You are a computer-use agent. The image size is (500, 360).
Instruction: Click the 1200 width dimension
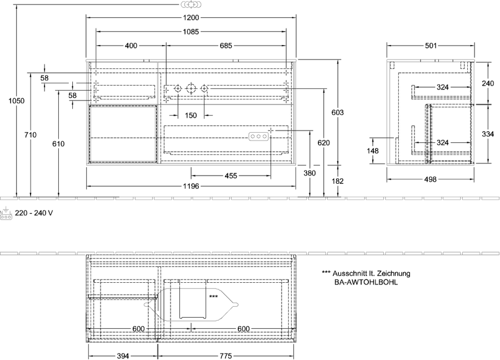[x=191, y=18]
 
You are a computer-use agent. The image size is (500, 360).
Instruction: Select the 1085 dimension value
[x=191, y=32]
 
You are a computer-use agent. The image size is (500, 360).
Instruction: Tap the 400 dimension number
[x=131, y=46]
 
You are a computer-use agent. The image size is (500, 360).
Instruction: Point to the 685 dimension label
[x=226, y=46]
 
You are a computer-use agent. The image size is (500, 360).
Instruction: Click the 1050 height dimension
[x=16, y=101]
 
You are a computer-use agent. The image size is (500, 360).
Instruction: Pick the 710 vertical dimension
[x=31, y=135]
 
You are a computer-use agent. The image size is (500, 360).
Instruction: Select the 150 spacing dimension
[x=191, y=115]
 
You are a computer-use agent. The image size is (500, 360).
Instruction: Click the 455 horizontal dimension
[x=231, y=176]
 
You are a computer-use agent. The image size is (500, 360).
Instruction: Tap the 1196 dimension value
[x=191, y=186]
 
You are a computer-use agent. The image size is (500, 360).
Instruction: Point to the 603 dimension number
[x=338, y=112]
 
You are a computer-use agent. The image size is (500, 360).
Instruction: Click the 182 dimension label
[x=338, y=181]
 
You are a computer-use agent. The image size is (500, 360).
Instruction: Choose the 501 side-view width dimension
[x=431, y=46]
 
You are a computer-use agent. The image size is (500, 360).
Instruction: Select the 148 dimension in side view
[x=372, y=151]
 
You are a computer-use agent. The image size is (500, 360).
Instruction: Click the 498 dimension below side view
[x=430, y=179]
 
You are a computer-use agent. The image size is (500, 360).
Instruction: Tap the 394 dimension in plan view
[x=123, y=356]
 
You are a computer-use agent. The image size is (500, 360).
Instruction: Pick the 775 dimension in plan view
[x=226, y=356]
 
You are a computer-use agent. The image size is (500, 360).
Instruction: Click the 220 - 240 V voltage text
[x=34, y=213]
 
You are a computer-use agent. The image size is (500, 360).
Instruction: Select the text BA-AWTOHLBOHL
[x=366, y=282]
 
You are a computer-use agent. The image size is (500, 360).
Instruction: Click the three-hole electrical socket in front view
[x=258, y=137]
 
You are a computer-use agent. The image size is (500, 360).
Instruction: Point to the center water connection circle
[x=191, y=88]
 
